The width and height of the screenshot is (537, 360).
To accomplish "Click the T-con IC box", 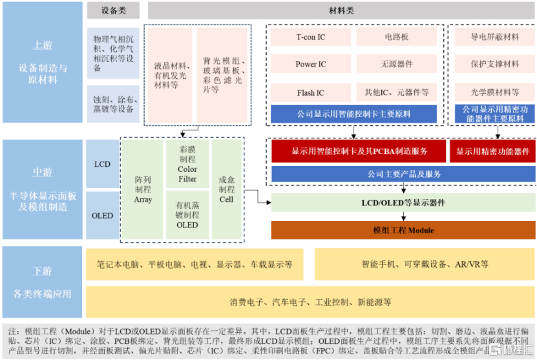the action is coord(311,37).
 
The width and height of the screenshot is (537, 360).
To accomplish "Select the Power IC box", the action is coord(311,64).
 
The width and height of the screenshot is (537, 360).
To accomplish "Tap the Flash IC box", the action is coord(311,92).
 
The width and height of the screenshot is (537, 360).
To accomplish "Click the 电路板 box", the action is coord(397,37).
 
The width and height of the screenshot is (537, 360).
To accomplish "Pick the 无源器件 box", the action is coord(397,64).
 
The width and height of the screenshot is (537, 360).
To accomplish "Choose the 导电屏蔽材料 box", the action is coord(494,37).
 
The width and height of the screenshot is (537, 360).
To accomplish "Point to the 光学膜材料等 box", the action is coord(494,92).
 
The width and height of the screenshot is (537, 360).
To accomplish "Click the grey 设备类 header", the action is coord(113,10).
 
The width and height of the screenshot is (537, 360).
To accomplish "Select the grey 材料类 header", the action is coord(341,10).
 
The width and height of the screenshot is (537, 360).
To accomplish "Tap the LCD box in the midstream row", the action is coord(102,164).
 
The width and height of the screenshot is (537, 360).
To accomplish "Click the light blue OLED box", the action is coord(102,215).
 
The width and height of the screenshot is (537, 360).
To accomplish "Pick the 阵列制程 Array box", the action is coord(143,189).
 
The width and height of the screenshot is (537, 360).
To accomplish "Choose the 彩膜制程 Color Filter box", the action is coord(187,164).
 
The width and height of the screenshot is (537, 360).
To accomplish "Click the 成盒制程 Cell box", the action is coord(226,189).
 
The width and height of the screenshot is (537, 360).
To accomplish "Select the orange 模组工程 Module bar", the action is coord(403,230).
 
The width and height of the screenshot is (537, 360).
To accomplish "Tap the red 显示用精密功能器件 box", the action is coord(492,151).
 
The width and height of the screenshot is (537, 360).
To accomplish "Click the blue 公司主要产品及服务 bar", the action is coord(403,174).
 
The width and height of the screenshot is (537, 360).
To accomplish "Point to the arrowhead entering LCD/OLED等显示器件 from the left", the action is coord(269,202).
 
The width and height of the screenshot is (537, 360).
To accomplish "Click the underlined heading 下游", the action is coord(43,271).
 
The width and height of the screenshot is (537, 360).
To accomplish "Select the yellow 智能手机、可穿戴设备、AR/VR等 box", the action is coord(425,264).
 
